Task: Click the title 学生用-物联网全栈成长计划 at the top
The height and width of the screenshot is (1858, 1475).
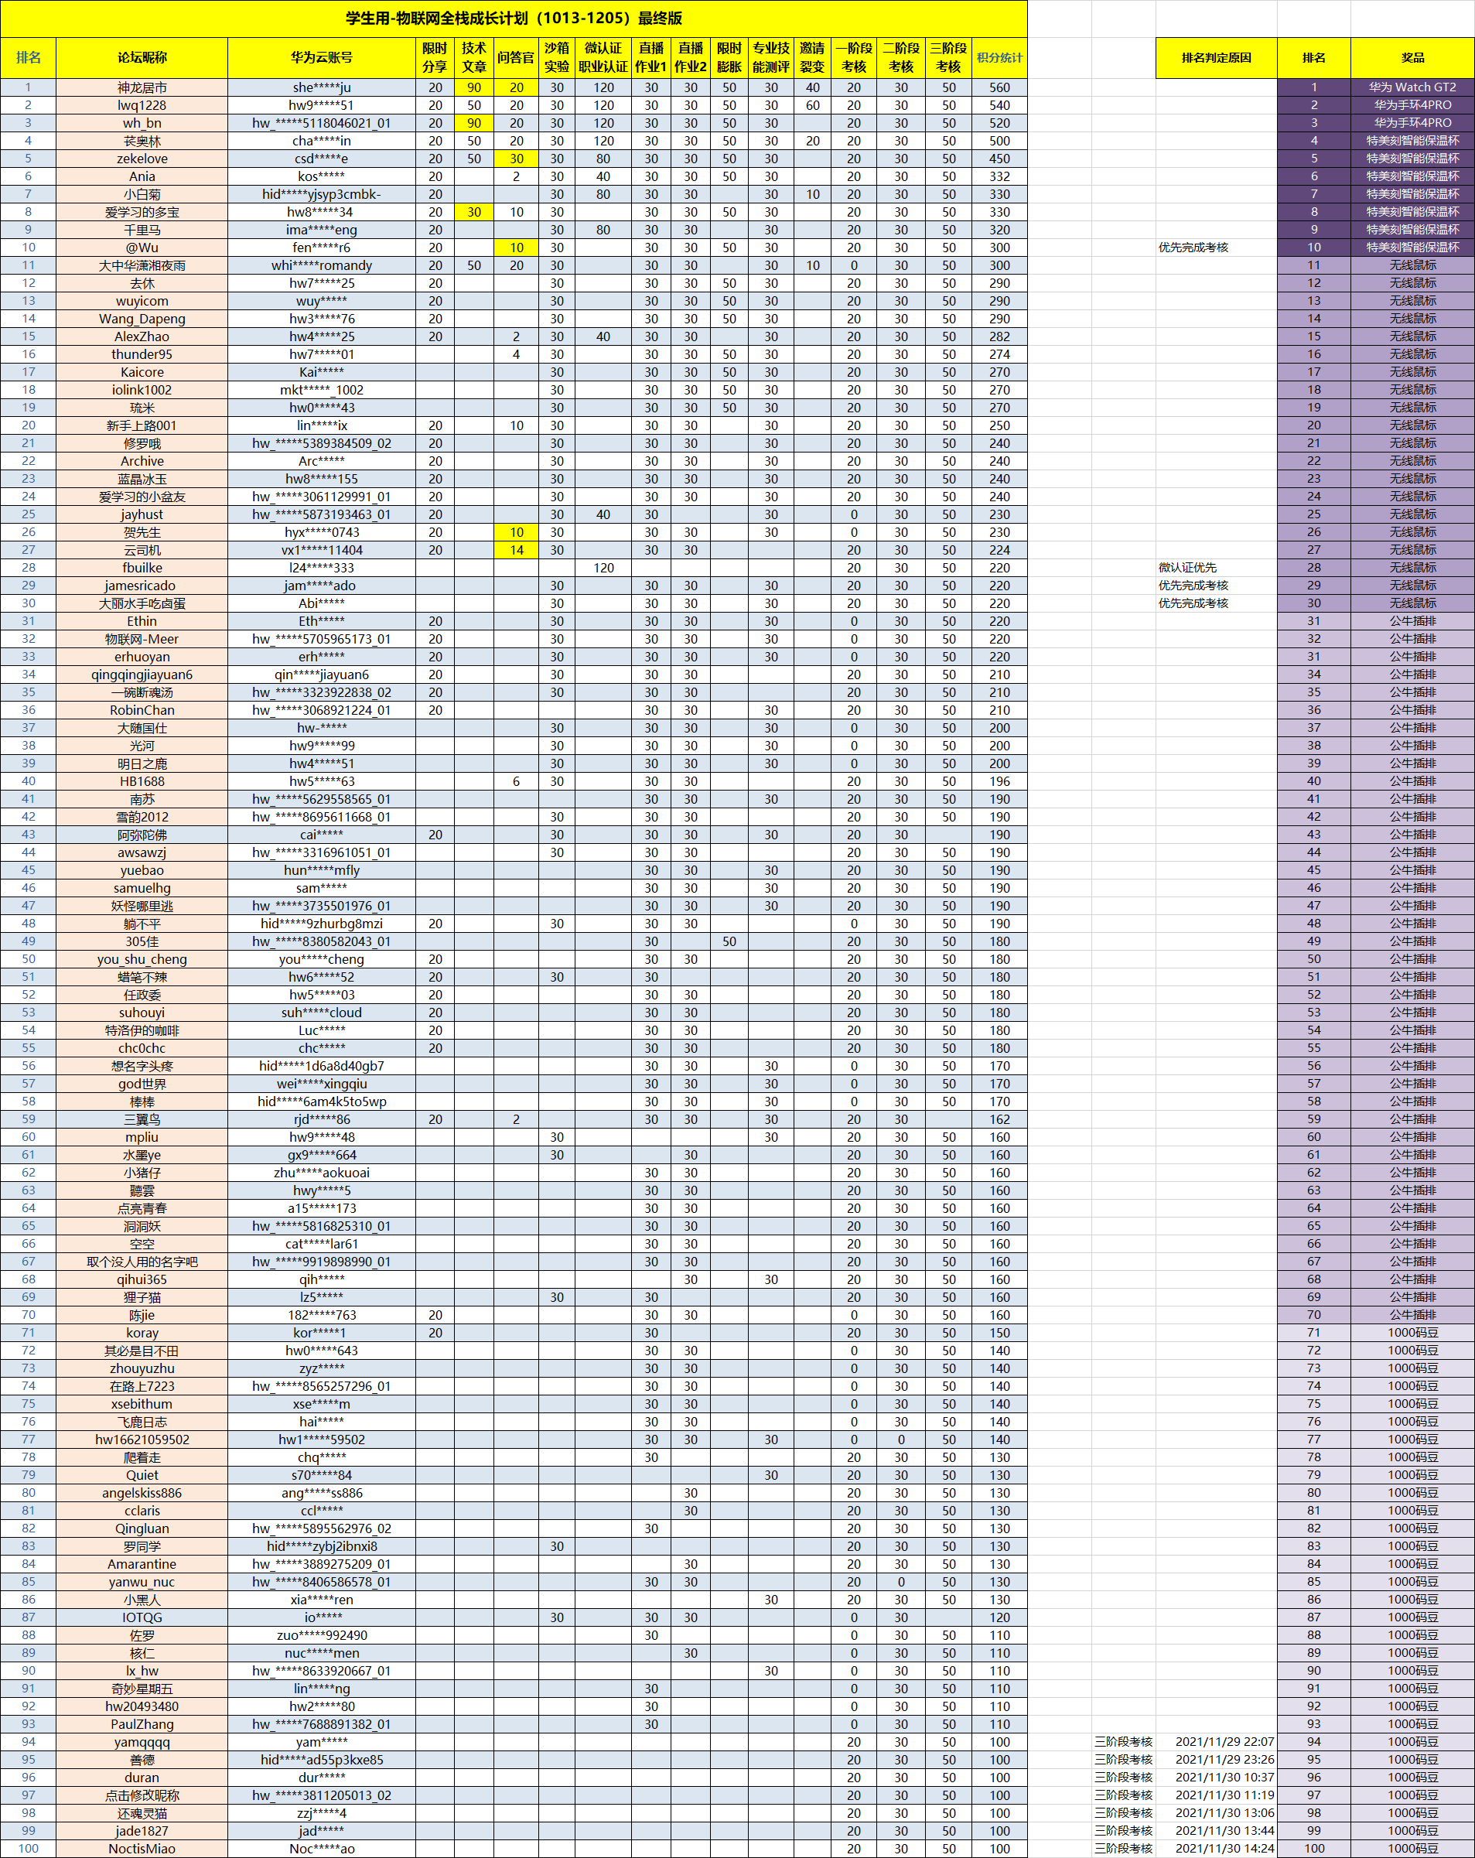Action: pyautogui.click(x=514, y=18)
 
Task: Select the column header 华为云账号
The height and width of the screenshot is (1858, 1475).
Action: pyautogui.click(x=321, y=58)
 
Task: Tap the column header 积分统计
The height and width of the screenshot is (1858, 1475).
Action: pyautogui.click(x=999, y=58)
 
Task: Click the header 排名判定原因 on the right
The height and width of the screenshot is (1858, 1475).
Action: pyautogui.click(x=1216, y=58)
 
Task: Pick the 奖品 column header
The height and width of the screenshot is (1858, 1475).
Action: pyautogui.click(x=1412, y=58)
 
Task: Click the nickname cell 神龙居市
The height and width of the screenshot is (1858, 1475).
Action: pyautogui.click(x=142, y=88)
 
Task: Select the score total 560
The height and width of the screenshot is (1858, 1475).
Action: pyautogui.click(x=999, y=88)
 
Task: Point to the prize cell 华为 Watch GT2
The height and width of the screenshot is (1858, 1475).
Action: pyautogui.click(x=1412, y=87)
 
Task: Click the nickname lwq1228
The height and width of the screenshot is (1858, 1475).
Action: pyautogui.click(x=142, y=105)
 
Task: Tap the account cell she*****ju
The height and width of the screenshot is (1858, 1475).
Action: pyautogui.click(x=321, y=88)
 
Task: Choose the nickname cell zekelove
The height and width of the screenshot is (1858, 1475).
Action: pyautogui.click(x=142, y=159)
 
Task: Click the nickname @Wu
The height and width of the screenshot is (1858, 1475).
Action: pyautogui.click(x=142, y=248)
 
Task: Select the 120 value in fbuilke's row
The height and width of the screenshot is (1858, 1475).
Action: pyautogui.click(x=603, y=568)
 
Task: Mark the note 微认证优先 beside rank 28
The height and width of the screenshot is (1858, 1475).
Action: pyautogui.click(x=1187, y=568)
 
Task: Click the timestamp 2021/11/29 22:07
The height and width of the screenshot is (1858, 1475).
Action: pyautogui.click(x=1224, y=1742)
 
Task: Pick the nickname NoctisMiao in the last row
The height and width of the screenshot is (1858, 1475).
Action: pyautogui.click(x=142, y=1849)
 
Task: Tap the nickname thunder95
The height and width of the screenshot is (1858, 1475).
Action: pyautogui.click(x=142, y=354)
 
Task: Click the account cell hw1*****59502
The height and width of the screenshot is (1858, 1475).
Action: pyautogui.click(x=321, y=1440)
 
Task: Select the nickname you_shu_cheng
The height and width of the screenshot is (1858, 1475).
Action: pyautogui.click(x=142, y=959)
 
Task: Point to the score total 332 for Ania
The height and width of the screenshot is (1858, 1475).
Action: pyautogui.click(x=999, y=176)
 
